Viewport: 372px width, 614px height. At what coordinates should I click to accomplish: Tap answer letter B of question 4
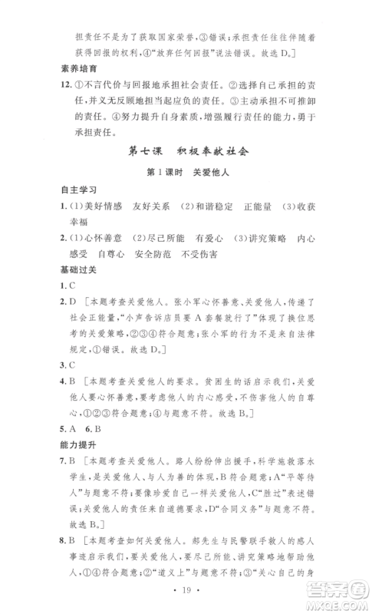coord(79,379)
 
